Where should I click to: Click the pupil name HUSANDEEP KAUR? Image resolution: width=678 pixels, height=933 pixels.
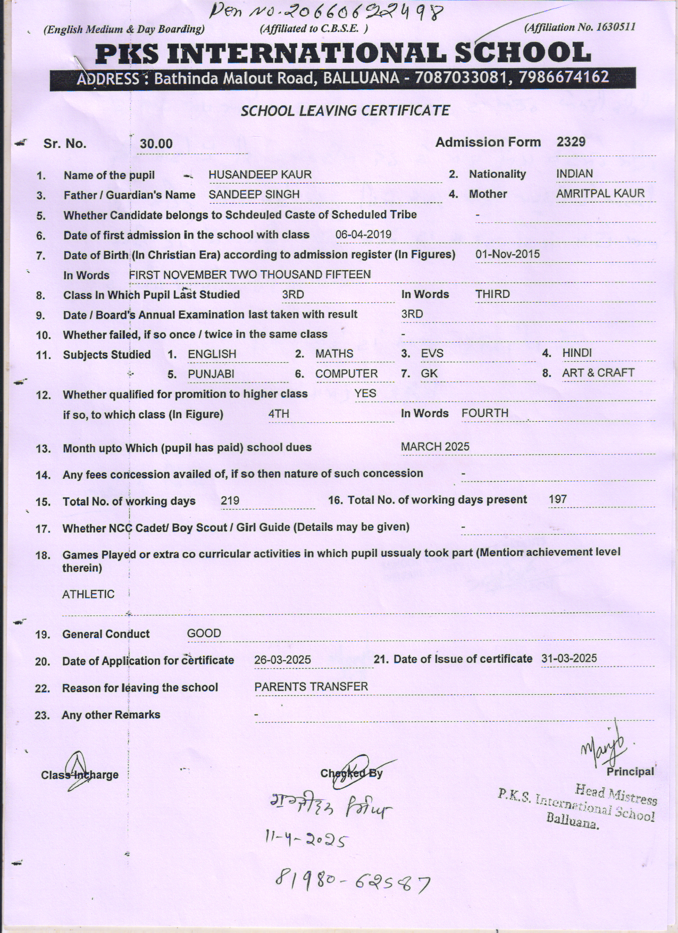point(260,174)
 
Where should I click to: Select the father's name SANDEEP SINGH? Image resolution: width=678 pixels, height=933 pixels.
point(254,195)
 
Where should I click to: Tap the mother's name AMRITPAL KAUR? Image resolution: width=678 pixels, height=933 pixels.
point(600,194)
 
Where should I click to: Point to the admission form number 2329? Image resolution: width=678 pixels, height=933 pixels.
point(571,142)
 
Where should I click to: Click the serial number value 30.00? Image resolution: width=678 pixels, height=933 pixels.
point(156,144)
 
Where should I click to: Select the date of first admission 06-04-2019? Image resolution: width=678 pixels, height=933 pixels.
point(363,235)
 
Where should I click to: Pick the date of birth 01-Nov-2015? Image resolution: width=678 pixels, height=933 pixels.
point(507,254)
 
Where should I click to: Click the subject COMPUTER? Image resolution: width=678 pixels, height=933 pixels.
point(346,374)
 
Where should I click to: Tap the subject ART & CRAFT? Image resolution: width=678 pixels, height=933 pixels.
point(598,373)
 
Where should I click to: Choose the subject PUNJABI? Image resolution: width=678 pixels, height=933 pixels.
point(211,374)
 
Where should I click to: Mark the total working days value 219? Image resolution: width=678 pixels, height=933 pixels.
point(230,501)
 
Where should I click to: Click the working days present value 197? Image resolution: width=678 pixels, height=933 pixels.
point(558,499)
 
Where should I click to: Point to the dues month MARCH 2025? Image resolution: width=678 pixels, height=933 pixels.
point(435,447)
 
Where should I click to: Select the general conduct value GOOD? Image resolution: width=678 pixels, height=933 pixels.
point(204,634)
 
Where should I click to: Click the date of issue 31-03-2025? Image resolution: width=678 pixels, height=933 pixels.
point(569,659)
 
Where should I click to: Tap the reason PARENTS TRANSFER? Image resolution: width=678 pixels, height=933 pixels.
point(311,687)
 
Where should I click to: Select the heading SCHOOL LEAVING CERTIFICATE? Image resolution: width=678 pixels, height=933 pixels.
point(345,111)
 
